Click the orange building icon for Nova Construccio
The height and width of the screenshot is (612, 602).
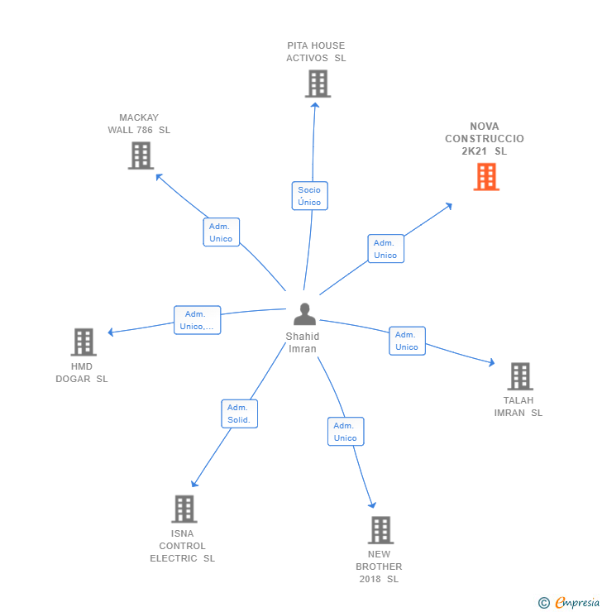click(x=486, y=176)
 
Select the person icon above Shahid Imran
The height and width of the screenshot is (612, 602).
click(x=305, y=315)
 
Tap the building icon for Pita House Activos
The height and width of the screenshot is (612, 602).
click(x=318, y=84)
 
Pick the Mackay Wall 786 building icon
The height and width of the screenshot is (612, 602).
click(x=141, y=155)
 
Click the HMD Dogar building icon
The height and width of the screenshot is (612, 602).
click(x=83, y=342)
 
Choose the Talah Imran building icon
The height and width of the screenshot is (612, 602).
click(x=519, y=376)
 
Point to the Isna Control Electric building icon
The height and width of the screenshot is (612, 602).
click(x=184, y=509)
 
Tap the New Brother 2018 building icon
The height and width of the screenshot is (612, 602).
click(x=380, y=530)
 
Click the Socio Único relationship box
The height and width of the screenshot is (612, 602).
click(x=310, y=196)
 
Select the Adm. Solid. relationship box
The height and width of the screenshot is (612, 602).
click(x=240, y=414)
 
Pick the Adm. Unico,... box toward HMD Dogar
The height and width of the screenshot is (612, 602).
click(x=197, y=320)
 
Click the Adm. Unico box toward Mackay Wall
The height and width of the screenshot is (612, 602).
click(x=221, y=232)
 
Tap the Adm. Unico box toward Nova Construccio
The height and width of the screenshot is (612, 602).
click(x=385, y=249)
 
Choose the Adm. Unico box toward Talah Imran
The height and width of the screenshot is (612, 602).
click(x=407, y=341)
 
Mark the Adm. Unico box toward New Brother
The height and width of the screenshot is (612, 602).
click(x=346, y=432)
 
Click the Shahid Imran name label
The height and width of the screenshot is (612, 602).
click(x=303, y=342)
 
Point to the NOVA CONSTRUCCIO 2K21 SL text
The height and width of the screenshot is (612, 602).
click(x=485, y=139)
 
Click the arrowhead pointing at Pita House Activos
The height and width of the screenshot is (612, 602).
click(x=315, y=105)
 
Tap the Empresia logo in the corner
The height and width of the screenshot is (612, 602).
click(x=570, y=603)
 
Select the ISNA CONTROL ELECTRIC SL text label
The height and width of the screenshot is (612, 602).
click(x=183, y=546)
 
